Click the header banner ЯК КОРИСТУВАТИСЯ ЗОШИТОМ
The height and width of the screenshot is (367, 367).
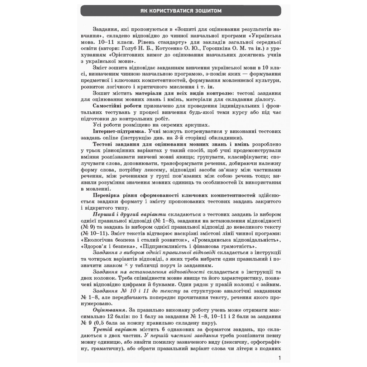point(181,11)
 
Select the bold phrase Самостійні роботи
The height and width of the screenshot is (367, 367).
point(118,106)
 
